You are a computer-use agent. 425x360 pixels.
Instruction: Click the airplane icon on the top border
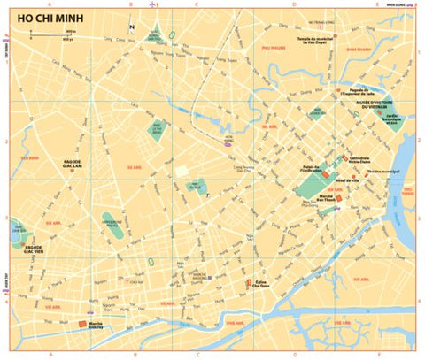pyautogui.click(x=154, y=4)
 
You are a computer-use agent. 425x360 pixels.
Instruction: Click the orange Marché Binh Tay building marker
pyautogui.click(x=85, y=324)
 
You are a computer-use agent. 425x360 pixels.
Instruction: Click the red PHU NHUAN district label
pyautogui.click(x=272, y=46)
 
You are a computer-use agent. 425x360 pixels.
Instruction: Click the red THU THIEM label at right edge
pyautogui.click(x=408, y=191)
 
